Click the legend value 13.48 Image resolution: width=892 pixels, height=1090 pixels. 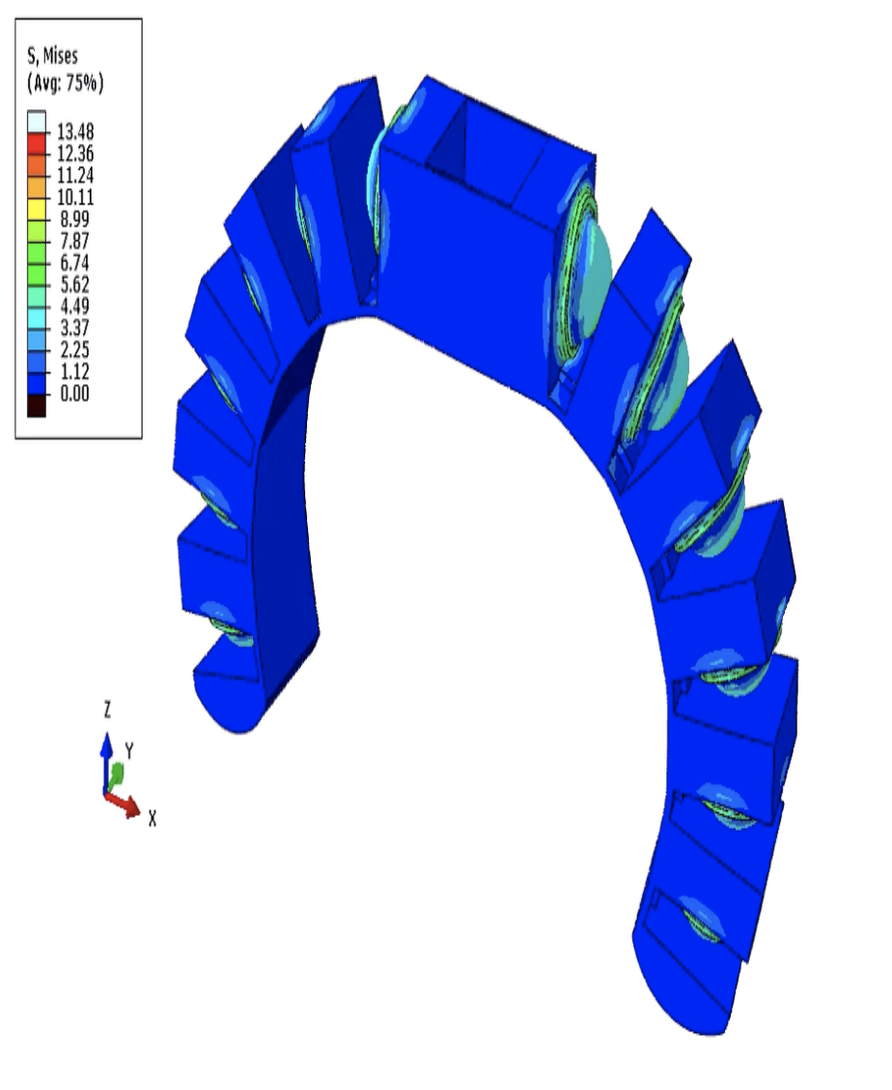75,131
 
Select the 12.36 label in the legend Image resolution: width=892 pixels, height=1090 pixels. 75,153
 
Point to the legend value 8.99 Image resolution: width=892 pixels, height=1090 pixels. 75,219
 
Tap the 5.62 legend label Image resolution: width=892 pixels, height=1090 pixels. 75,285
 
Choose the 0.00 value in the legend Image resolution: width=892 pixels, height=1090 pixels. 75,394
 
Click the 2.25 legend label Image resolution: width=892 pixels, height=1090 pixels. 75,349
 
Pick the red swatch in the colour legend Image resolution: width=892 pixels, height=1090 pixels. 37,143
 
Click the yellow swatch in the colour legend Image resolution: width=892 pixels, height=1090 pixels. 37,208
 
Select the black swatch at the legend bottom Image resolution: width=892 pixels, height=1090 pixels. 37,405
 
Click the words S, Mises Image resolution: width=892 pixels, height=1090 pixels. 53,56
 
